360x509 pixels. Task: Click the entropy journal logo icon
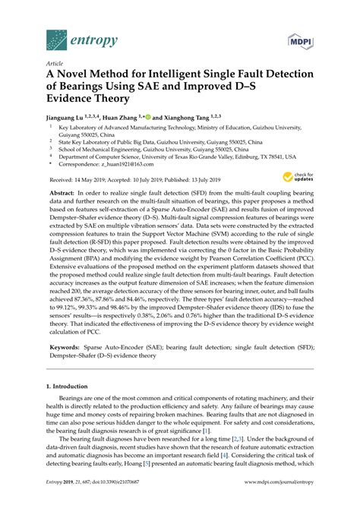pyautogui.click(x=55, y=37)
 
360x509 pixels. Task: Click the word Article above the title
pyautogui.click(x=55, y=65)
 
